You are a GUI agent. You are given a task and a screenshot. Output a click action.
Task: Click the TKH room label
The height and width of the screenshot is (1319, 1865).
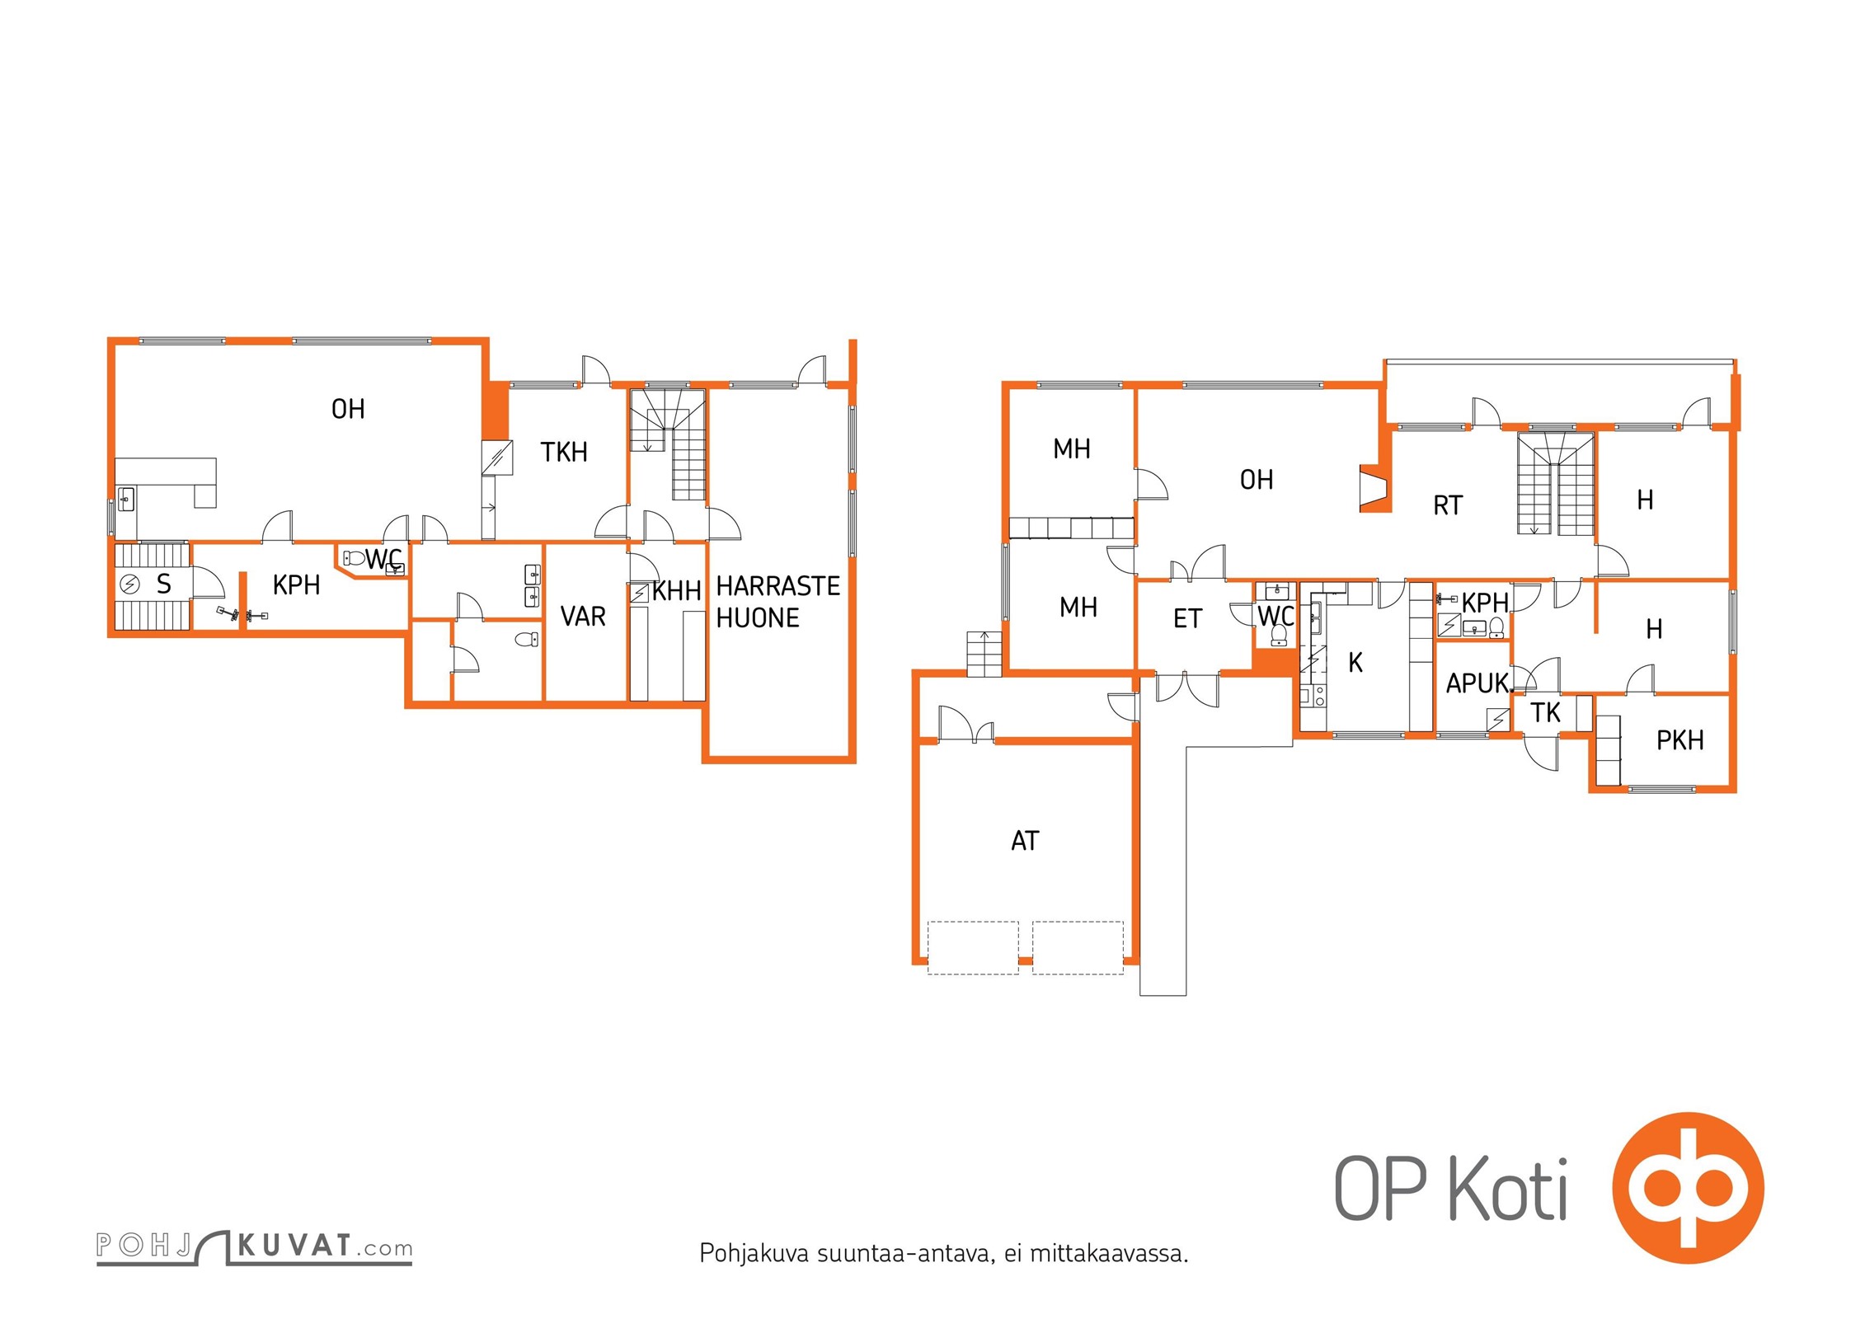(564, 452)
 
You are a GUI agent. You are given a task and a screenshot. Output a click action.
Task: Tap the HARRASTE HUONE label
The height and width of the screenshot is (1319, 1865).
(777, 602)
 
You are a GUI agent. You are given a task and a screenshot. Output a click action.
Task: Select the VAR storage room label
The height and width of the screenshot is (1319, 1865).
(583, 617)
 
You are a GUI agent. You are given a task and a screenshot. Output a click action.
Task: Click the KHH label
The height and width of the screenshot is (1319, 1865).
(676, 591)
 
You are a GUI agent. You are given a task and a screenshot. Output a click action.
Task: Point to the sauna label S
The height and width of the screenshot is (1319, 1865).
(164, 584)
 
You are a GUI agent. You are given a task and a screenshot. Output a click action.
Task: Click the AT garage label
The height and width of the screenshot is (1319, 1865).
(1025, 841)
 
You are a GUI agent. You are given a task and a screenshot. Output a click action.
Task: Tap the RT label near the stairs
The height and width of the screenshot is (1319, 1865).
(1448, 505)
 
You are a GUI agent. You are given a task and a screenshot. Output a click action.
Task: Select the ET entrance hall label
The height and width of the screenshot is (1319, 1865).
(1187, 618)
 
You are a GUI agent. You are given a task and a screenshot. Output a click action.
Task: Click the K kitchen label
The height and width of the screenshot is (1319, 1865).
(1355, 662)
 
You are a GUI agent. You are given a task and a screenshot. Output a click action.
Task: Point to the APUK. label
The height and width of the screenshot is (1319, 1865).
(1480, 683)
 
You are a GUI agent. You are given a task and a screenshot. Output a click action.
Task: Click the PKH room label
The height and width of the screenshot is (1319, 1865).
(1679, 740)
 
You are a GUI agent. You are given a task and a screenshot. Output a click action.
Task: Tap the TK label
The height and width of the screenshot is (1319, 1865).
(1545, 712)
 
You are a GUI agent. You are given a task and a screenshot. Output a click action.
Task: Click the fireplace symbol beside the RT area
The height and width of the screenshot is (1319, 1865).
(1374, 489)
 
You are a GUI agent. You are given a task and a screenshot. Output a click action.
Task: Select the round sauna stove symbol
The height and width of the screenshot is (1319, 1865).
(130, 584)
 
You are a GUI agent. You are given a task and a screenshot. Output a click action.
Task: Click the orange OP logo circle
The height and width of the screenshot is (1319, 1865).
(1689, 1188)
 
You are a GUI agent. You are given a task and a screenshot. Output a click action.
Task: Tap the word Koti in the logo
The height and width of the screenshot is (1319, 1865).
(1508, 1188)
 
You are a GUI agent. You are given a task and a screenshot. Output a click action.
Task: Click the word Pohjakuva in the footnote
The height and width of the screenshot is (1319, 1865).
(754, 1254)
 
